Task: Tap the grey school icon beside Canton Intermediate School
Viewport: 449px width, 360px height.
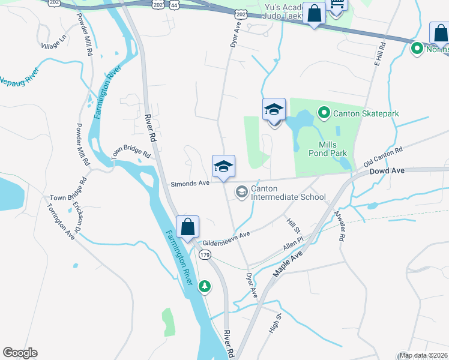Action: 242,192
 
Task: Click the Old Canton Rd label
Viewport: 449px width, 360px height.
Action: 383,157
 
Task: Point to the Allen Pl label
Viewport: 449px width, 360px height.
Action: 294,247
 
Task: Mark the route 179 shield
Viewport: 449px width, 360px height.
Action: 205,255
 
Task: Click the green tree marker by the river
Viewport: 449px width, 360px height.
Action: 205,286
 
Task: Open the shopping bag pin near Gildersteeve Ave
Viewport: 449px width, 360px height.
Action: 187,227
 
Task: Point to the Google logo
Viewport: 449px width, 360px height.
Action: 20,353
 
